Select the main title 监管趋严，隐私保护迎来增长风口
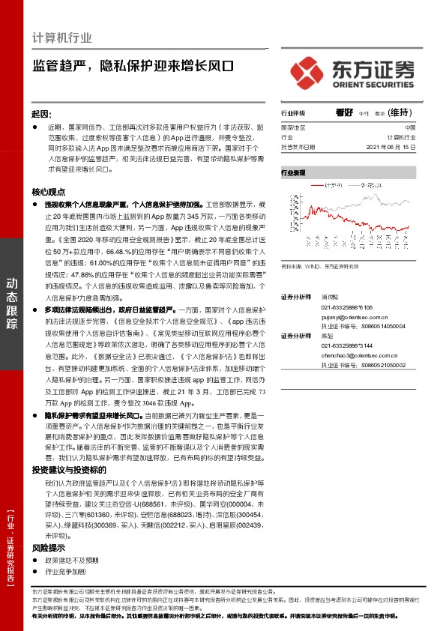pyautogui.click(x=133, y=64)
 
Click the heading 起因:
pyautogui.click(x=41, y=113)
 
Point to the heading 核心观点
pyautogui.click(x=48, y=192)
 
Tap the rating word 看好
pyautogui.click(x=344, y=112)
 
